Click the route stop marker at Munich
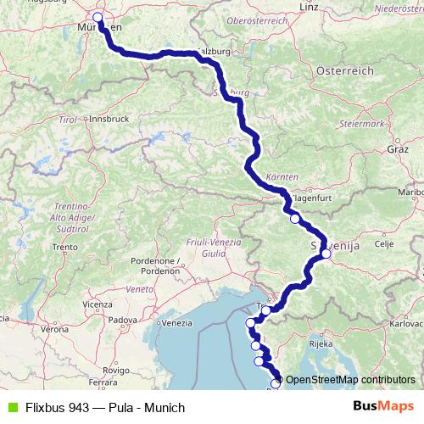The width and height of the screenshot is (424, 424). click(x=98, y=17)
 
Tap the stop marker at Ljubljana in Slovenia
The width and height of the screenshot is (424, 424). click(x=326, y=253)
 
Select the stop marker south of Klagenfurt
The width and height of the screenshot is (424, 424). click(x=294, y=219)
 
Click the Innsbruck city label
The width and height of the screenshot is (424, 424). click(x=108, y=119)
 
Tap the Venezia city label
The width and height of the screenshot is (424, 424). click(x=176, y=322)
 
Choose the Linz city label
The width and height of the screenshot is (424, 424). click(x=308, y=7)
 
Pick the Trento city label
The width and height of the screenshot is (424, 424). click(x=64, y=247)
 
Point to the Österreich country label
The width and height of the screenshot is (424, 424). click(x=344, y=70)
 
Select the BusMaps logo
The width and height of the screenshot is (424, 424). click(x=382, y=407)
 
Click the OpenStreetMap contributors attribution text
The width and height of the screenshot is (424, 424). click(x=349, y=379)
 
